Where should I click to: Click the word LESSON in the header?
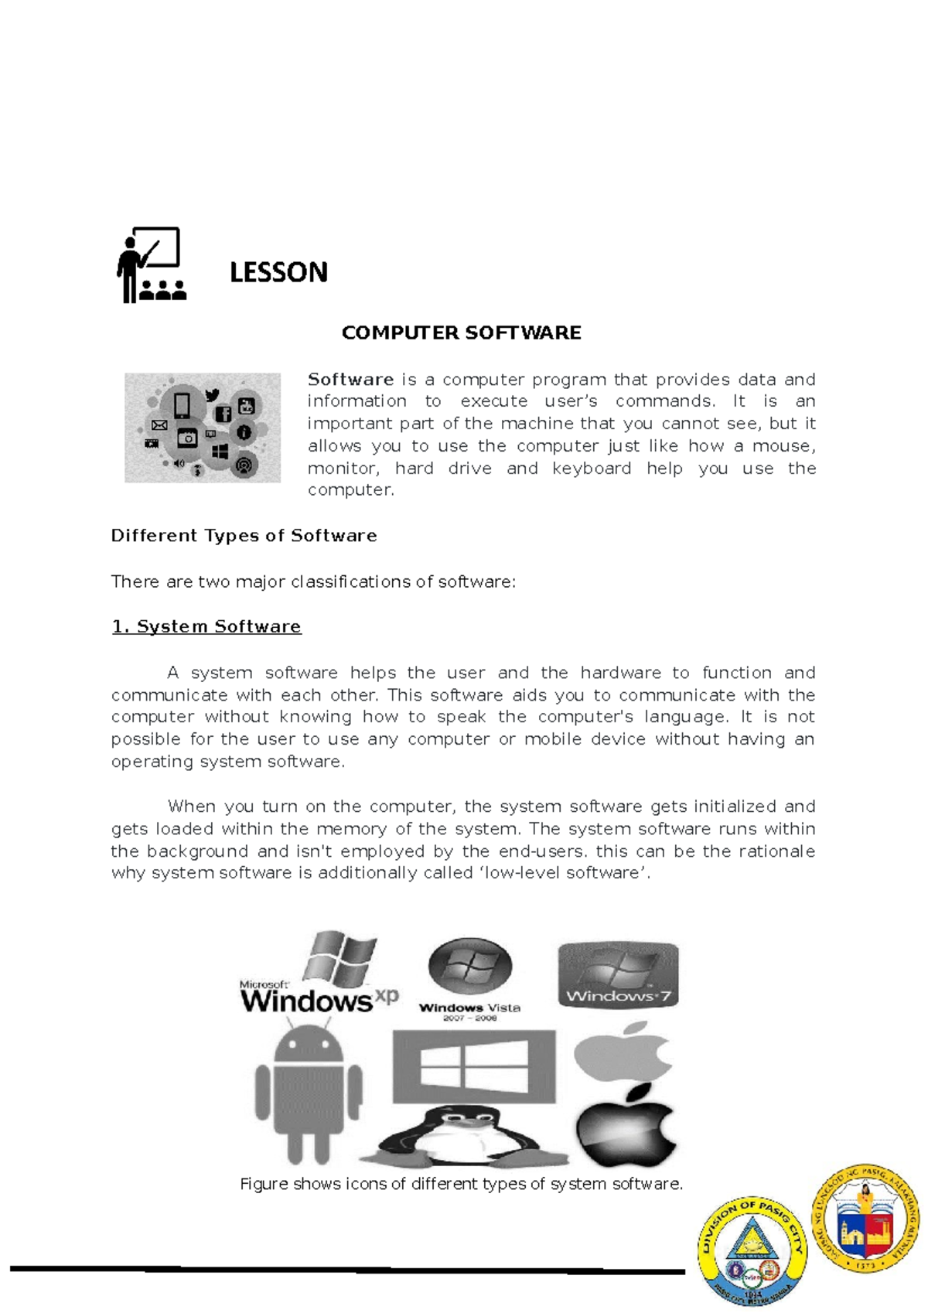click(x=278, y=272)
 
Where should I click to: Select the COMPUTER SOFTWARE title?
click(x=461, y=333)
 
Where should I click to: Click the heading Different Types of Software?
click(x=244, y=536)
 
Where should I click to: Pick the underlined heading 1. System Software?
click(x=206, y=626)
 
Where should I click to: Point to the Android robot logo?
click(x=309, y=1090)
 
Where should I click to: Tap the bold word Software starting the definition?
click(x=350, y=380)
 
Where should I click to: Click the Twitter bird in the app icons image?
click(x=212, y=395)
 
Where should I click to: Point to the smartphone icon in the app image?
click(x=182, y=405)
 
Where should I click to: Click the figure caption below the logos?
click(x=461, y=1184)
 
